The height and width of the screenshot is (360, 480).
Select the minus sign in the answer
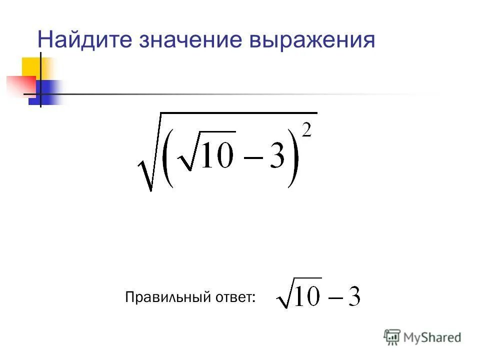(x=333, y=298)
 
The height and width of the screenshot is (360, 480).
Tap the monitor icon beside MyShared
(x=392, y=337)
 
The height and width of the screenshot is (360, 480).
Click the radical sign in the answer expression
(x=282, y=295)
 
